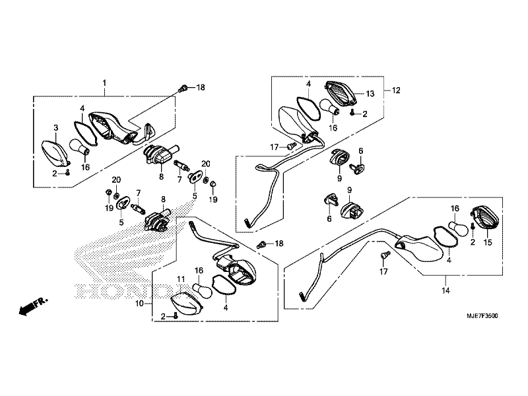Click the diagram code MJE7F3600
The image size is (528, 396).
(482, 316)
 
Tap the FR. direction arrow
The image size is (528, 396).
(33, 306)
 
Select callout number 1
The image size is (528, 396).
(104, 83)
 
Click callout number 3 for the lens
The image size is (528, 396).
(56, 127)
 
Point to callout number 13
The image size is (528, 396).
(370, 94)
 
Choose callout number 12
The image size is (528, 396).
(396, 90)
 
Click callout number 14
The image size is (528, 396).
(445, 290)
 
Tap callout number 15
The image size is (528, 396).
(488, 242)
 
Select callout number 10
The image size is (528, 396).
(139, 304)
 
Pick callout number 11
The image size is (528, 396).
(181, 279)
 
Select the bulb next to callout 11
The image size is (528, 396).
(202, 290)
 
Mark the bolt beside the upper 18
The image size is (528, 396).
(183, 88)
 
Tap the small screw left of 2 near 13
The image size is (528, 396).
(352, 113)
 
